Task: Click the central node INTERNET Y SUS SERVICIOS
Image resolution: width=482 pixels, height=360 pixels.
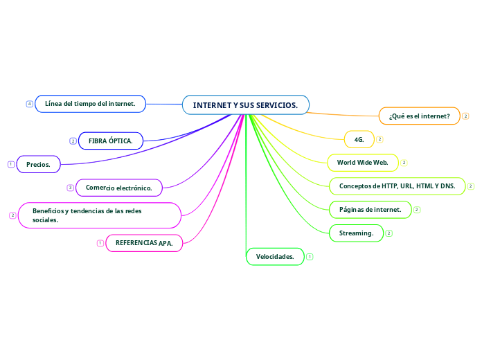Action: click(x=246, y=105)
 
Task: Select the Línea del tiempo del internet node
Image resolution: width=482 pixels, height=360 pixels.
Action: click(x=90, y=104)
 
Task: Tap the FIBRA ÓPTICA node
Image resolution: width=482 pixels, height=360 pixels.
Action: click(x=111, y=141)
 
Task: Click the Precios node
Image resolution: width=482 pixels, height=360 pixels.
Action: click(x=38, y=164)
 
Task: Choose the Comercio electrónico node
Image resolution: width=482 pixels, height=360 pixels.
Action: click(x=119, y=188)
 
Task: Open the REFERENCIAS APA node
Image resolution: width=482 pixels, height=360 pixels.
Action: click(x=144, y=243)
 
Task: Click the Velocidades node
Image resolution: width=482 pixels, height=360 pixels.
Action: click(x=275, y=257)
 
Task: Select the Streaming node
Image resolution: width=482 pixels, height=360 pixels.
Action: click(x=356, y=233)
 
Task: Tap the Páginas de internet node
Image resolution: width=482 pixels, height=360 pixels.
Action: click(x=370, y=209)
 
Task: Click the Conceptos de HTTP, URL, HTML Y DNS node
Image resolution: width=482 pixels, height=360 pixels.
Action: click(x=397, y=186)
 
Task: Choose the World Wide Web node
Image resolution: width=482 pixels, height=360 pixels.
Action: click(x=362, y=163)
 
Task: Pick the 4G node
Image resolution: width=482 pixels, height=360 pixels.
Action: click(x=359, y=139)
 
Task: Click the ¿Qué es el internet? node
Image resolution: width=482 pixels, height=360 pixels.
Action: click(x=419, y=116)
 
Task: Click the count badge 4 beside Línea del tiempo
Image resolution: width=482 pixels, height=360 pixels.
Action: click(x=30, y=104)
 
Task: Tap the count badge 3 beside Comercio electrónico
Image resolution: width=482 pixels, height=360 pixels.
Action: click(x=70, y=188)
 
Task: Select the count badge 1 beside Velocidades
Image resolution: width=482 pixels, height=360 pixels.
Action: click(x=309, y=257)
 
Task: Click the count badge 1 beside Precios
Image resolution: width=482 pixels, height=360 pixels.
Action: click(x=11, y=164)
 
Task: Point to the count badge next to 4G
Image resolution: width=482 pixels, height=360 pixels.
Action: click(x=380, y=139)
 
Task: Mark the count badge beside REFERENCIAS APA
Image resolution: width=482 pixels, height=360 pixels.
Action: click(x=100, y=243)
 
